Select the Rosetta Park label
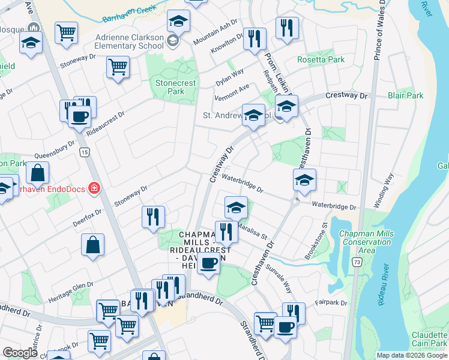click(x=321, y=60)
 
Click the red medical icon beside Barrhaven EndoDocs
click(x=94, y=189)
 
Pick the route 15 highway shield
click(x=83, y=153)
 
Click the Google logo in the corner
click(x=20, y=353)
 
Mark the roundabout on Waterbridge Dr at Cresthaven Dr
click(x=294, y=202)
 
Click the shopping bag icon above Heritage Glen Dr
click(x=93, y=245)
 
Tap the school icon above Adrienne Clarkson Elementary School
click(x=178, y=22)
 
